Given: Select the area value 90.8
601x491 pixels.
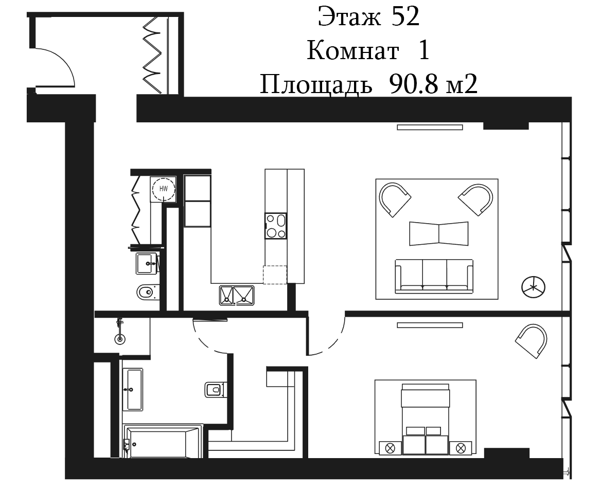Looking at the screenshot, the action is [413, 84].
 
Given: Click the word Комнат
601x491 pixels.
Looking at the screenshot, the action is [352, 50].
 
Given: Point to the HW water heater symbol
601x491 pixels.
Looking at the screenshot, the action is [164, 189].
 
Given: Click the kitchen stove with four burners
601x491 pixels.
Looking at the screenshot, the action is [276, 226].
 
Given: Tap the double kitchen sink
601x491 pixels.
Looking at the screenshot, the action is [237, 295].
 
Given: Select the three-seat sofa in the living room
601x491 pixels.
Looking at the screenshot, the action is [434, 276].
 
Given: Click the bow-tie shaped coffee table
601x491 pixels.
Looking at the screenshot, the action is [439, 233].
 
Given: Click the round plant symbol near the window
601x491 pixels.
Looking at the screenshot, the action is [533, 286].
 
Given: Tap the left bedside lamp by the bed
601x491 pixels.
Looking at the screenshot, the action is [390, 448].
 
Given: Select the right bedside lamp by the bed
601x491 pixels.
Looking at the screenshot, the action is [461, 448].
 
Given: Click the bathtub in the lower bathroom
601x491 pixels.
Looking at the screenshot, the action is [163, 441].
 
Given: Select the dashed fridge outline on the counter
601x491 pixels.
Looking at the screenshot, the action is [275, 275].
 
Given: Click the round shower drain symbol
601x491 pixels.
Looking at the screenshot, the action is [120, 339].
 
